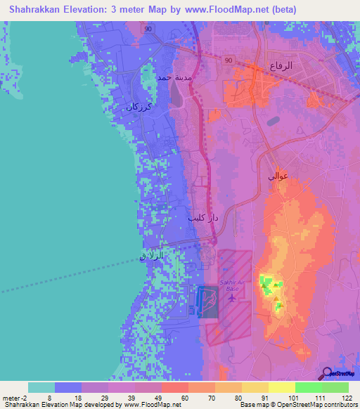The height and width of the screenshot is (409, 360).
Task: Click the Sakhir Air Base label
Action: click(233, 285)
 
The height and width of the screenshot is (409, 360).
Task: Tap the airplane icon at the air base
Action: click(233, 297)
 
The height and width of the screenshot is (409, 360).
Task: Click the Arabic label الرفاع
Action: click(281, 67)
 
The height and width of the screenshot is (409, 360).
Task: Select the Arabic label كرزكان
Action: click(139, 107)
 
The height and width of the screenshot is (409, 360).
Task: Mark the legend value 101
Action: click(294, 398)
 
